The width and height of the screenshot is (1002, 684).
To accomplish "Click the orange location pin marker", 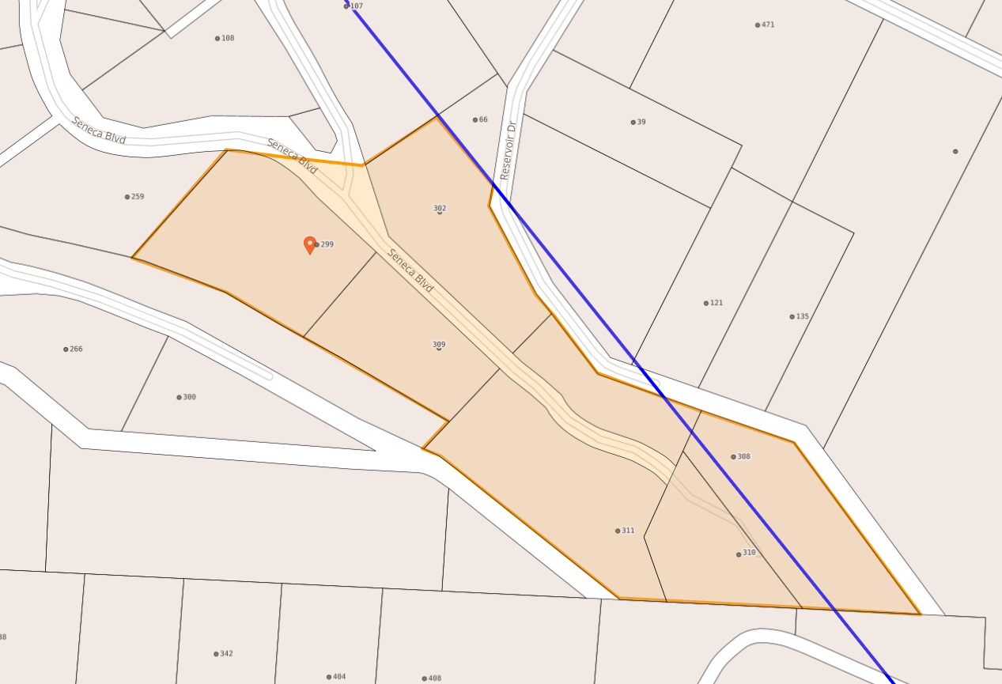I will pyautogui.click(x=310, y=244).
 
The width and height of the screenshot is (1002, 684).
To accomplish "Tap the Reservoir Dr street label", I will pyautogui.click(x=507, y=150).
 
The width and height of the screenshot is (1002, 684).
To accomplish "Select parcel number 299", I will pyautogui.click(x=327, y=244).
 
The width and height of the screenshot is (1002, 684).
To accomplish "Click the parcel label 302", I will pyautogui.click(x=440, y=209).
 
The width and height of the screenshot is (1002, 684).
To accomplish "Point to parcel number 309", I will pyautogui.click(x=439, y=345).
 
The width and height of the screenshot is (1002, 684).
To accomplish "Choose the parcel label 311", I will pyautogui.click(x=627, y=531).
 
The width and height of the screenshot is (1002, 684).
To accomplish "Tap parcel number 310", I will pyautogui.click(x=748, y=553).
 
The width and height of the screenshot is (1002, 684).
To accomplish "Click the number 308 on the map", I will pyautogui.click(x=743, y=456).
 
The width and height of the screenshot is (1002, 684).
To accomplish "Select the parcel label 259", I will pyautogui.click(x=137, y=196).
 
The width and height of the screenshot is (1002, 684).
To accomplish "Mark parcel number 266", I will pyautogui.click(x=75, y=349).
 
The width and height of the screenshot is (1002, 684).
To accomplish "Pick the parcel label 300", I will pyautogui.click(x=189, y=397).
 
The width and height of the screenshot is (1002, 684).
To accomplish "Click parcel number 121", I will pyautogui.click(x=716, y=303).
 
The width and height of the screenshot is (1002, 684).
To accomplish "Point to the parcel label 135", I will pyautogui.click(x=802, y=316).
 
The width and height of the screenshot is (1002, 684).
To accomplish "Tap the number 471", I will pyautogui.click(x=767, y=25).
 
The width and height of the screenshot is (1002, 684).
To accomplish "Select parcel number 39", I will pyautogui.click(x=641, y=122).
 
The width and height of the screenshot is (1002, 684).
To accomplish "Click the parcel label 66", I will pyautogui.click(x=482, y=119).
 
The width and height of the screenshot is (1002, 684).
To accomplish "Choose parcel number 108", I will pyautogui.click(x=227, y=38).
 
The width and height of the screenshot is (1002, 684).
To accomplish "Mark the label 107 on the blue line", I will pyautogui.click(x=356, y=6).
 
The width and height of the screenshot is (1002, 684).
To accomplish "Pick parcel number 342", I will pyautogui.click(x=225, y=653).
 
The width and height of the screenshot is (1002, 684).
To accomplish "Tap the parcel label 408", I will pyautogui.click(x=434, y=678).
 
